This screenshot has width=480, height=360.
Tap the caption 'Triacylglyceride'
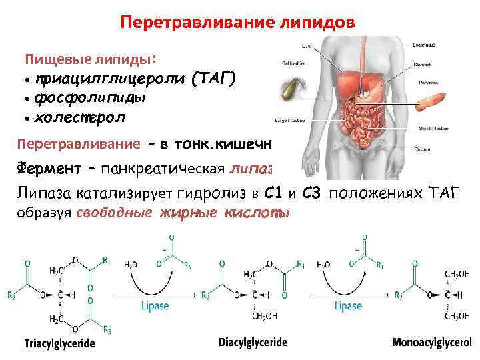click(60, 344)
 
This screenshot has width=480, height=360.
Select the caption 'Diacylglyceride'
click(253, 343)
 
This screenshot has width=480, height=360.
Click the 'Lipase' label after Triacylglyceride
click(155, 307)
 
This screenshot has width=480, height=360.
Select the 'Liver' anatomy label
click(307, 45)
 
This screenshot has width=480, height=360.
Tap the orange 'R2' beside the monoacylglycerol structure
click(399, 294)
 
